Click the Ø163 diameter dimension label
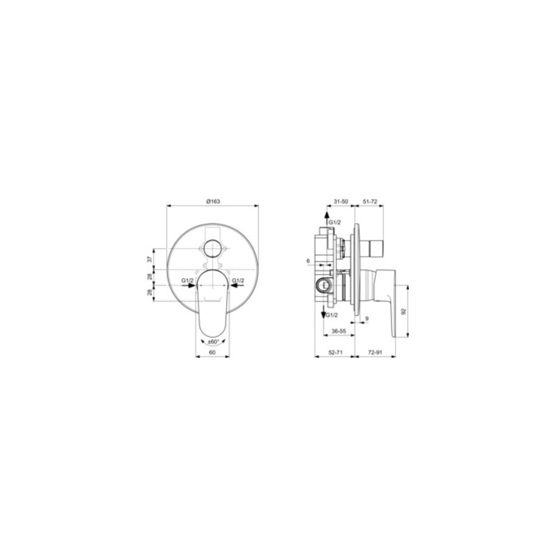pyautogui.click(x=213, y=202)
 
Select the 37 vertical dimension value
pyautogui.click(x=149, y=259)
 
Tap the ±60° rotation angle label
pyautogui.click(x=213, y=342)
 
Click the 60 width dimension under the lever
pyautogui.click(x=212, y=352)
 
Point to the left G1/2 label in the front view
pyautogui.click(x=188, y=280)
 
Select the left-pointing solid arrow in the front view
pyautogui.click(x=236, y=285)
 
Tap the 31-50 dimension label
pyautogui.click(x=340, y=202)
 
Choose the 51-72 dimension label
pyautogui.click(x=370, y=202)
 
